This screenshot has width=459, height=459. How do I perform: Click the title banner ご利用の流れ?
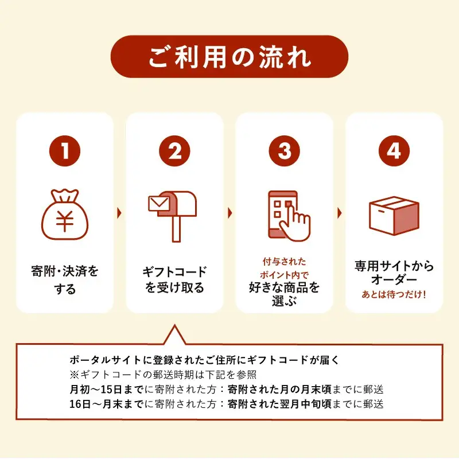pos(229,57)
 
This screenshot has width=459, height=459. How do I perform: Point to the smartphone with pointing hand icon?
pos(287,215)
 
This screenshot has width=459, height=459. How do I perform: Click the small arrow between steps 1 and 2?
pos(119,213)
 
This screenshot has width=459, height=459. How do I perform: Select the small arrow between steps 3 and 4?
pos(339,213)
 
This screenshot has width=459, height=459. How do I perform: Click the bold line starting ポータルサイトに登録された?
pos(205,360)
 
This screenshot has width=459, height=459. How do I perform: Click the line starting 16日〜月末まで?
pos(226,403)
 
